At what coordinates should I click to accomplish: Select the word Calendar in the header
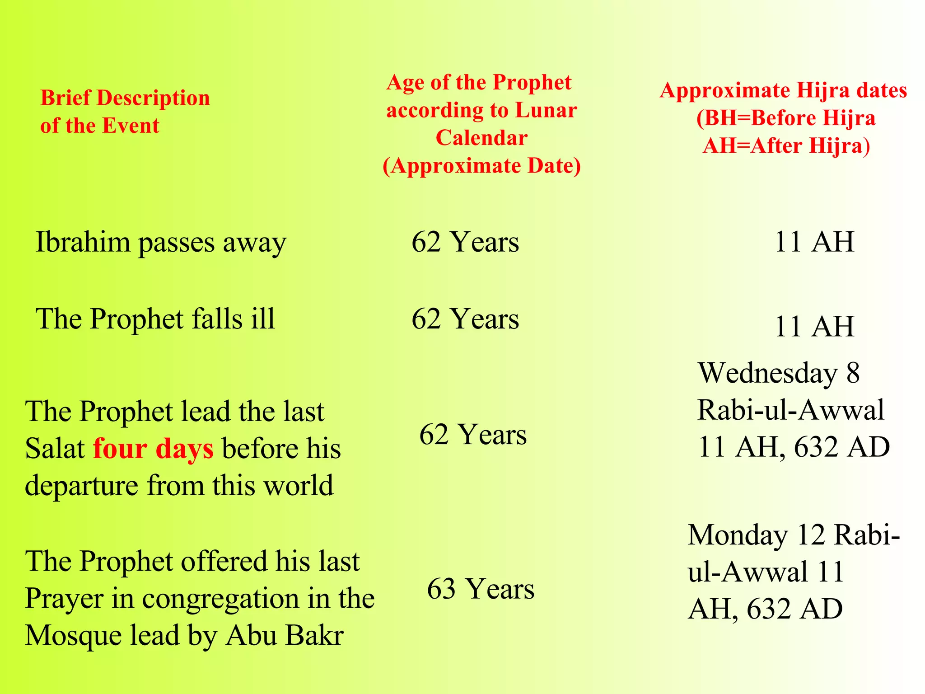(x=481, y=138)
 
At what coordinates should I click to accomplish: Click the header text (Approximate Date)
(x=481, y=166)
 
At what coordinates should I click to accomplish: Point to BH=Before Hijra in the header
(x=786, y=118)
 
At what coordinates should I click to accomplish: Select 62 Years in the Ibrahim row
(x=465, y=242)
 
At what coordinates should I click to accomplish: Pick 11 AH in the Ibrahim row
(x=814, y=242)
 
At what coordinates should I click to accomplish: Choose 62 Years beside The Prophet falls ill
(x=465, y=319)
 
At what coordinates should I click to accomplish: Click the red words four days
(x=153, y=449)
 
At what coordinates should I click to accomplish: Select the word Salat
(x=55, y=449)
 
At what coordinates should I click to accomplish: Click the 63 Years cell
(x=481, y=589)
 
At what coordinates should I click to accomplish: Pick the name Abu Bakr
(x=285, y=636)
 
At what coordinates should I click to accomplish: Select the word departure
(x=81, y=486)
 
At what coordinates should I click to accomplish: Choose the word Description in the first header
(x=154, y=98)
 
